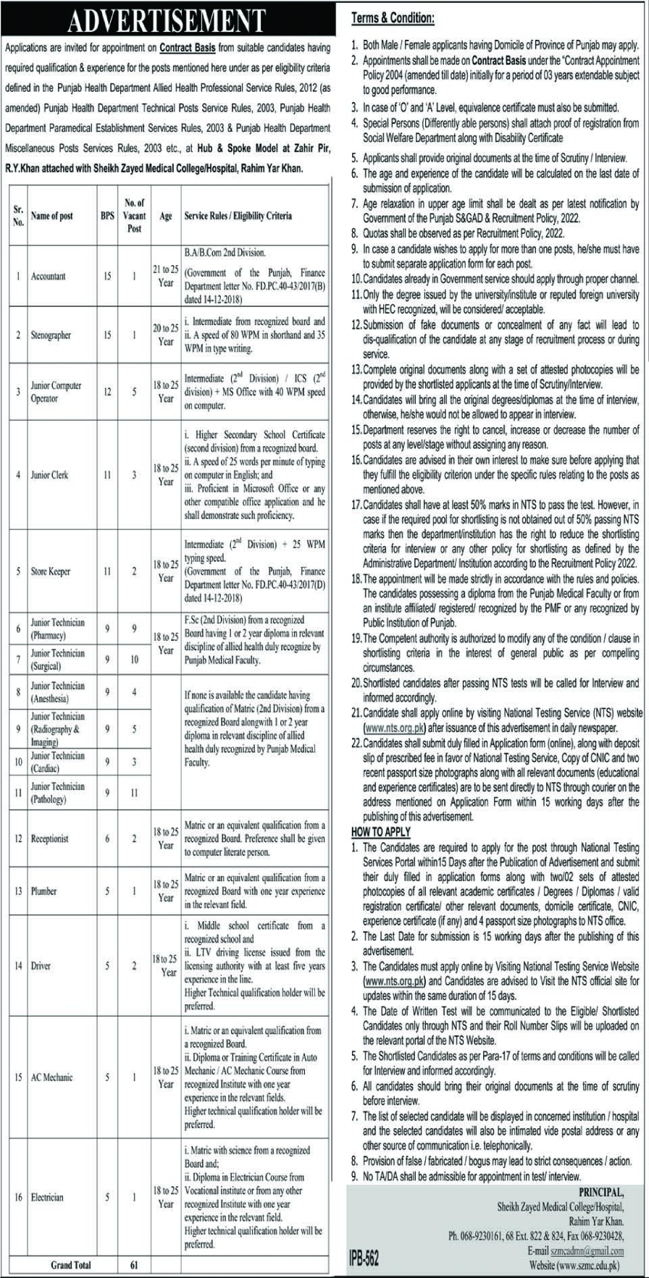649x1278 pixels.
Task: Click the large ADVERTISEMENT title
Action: point(167,21)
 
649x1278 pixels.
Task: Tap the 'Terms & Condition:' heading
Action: point(393,17)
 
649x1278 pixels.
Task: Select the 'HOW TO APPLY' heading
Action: point(381,832)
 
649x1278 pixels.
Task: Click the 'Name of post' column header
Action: point(51,216)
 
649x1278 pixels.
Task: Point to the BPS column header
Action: point(107,216)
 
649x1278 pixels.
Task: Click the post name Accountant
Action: point(48,277)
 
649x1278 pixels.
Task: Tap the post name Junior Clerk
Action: point(49,475)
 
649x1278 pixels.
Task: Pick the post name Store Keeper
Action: point(51,571)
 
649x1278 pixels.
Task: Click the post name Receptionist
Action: point(49,838)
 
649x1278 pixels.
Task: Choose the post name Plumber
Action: point(43,891)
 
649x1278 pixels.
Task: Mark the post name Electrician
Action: point(47,1198)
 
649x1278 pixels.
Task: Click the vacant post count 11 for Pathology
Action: point(134,793)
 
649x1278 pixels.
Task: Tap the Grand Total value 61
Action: point(134,1265)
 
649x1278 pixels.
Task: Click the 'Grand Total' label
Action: point(71,1265)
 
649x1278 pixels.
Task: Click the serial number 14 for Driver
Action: point(18,966)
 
